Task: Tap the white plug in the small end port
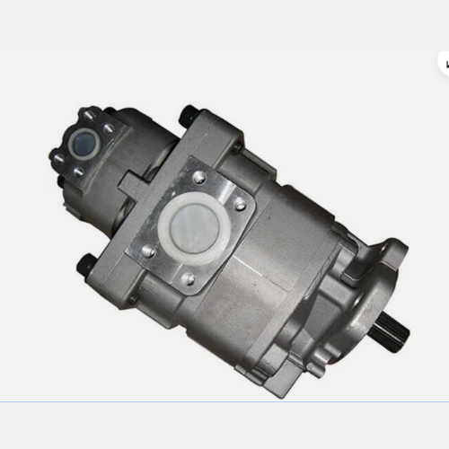pyautogui.click(x=83, y=142)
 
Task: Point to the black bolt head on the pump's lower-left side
pyautogui.click(x=86, y=265)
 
